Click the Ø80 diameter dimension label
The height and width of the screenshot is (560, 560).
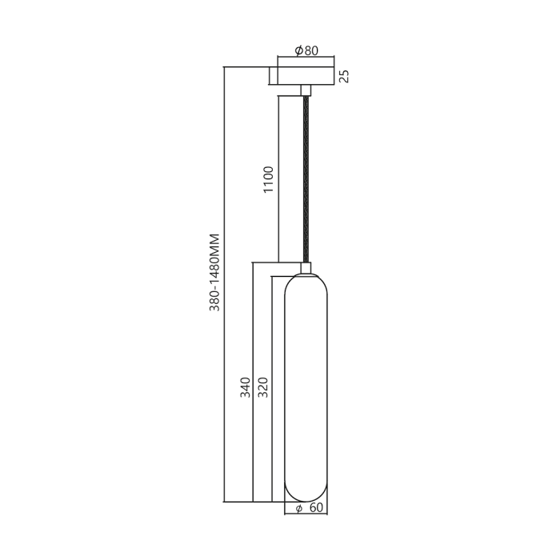pyautogui.click(x=306, y=50)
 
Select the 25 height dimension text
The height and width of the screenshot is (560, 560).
pyautogui.click(x=344, y=76)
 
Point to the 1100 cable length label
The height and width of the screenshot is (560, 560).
pyautogui.click(x=269, y=180)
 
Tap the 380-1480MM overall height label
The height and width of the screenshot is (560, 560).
pyautogui.click(x=214, y=272)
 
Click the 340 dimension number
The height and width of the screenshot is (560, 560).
pyautogui.click(x=246, y=388)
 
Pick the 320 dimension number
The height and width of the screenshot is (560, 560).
pyautogui.click(x=263, y=388)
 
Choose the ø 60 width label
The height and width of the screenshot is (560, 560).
pyautogui.click(x=308, y=509)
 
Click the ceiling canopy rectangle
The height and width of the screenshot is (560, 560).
pyautogui.click(x=304, y=76)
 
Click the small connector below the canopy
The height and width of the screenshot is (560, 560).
pyautogui.click(x=304, y=90)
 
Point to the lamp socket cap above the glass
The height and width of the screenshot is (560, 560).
pyautogui.click(x=306, y=267)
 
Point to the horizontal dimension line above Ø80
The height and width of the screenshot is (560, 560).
pyautogui.click(x=305, y=58)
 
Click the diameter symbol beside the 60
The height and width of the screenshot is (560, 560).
pyautogui.click(x=298, y=509)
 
